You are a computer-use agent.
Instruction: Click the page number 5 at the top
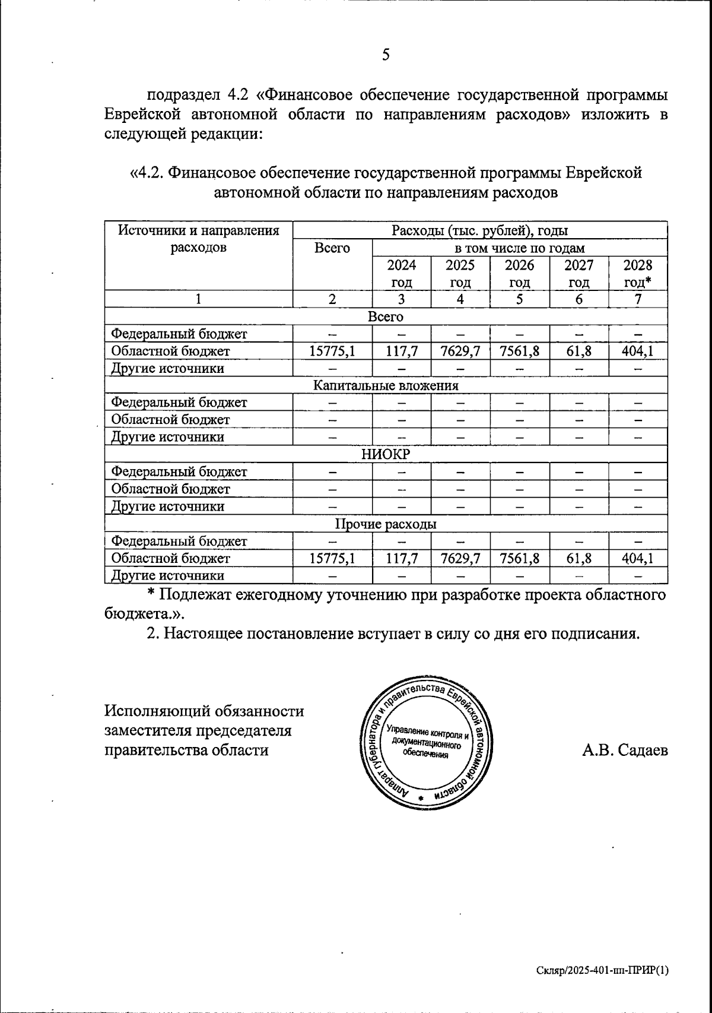coord(386,55)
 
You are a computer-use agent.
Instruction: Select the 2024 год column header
coord(402,273)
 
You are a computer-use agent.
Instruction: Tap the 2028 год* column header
coord(638,273)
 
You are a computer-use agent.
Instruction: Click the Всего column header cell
coord(332,248)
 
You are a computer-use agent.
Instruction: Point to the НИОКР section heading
coord(386,455)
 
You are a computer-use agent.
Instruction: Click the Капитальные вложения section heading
coord(386,385)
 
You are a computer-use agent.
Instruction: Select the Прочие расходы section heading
coord(386,524)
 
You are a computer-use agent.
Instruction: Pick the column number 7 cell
coord(638,299)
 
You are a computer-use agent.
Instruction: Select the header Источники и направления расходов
coord(199,239)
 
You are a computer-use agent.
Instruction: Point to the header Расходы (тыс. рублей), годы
coord(480,230)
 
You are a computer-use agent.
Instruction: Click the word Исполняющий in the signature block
coord(156,711)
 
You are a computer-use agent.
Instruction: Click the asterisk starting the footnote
coord(151,594)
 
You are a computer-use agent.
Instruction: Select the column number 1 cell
coord(199,299)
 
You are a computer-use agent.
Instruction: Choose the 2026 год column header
coord(520,273)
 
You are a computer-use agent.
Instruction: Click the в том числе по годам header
coord(519,248)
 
